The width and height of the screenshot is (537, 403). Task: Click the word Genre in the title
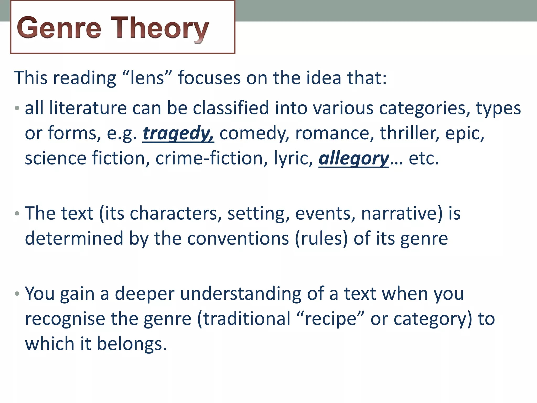(59, 28)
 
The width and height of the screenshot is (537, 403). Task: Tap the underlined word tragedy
(178, 133)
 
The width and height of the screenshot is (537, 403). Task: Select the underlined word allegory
(354, 158)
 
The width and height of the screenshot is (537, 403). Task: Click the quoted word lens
(147, 78)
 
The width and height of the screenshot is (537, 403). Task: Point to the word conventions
(238, 238)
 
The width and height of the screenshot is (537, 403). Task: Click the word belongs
(132, 344)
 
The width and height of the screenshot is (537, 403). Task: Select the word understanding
(240, 294)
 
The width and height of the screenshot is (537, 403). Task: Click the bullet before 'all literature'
(17, 108)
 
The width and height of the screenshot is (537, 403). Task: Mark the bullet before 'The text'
(17, 213)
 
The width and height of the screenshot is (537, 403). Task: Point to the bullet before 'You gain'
(17, 294)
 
